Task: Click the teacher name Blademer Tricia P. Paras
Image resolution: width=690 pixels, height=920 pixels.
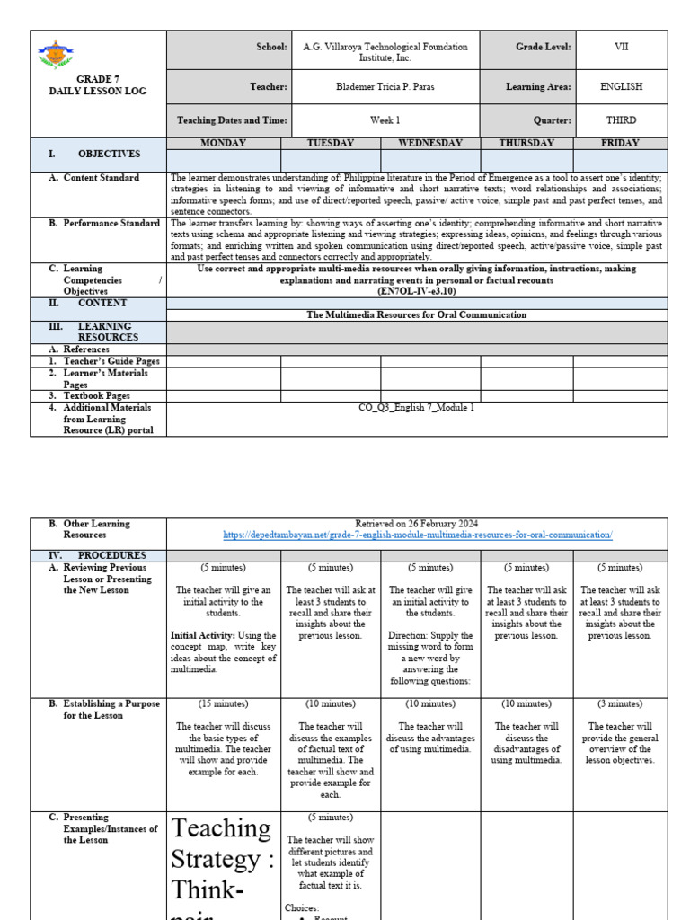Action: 385,87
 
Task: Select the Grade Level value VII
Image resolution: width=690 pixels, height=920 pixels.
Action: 621,47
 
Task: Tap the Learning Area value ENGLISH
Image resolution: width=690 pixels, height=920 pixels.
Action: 621,87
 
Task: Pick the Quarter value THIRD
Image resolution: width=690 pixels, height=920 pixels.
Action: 621,119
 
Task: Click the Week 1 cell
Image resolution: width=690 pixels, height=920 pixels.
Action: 385,119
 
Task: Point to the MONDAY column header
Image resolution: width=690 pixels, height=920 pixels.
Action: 224,143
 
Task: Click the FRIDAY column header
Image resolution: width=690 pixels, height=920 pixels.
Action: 620,143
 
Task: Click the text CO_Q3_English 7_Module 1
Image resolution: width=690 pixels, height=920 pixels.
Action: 417,407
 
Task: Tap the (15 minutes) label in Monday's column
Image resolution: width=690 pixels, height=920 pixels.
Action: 224,703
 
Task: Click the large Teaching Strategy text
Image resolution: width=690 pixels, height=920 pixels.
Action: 223,859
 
